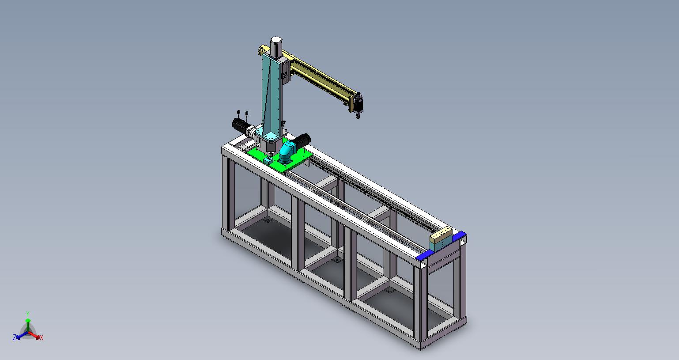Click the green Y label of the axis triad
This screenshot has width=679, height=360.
pos(27,314)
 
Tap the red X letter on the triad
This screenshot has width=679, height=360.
pos(41,337)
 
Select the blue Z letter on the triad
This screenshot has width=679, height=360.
pos(14,337)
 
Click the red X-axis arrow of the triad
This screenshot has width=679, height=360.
pos(34,335)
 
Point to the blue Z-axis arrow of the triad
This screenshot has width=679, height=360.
pos(22,335)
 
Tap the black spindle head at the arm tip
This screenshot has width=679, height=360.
pos(358,105)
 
